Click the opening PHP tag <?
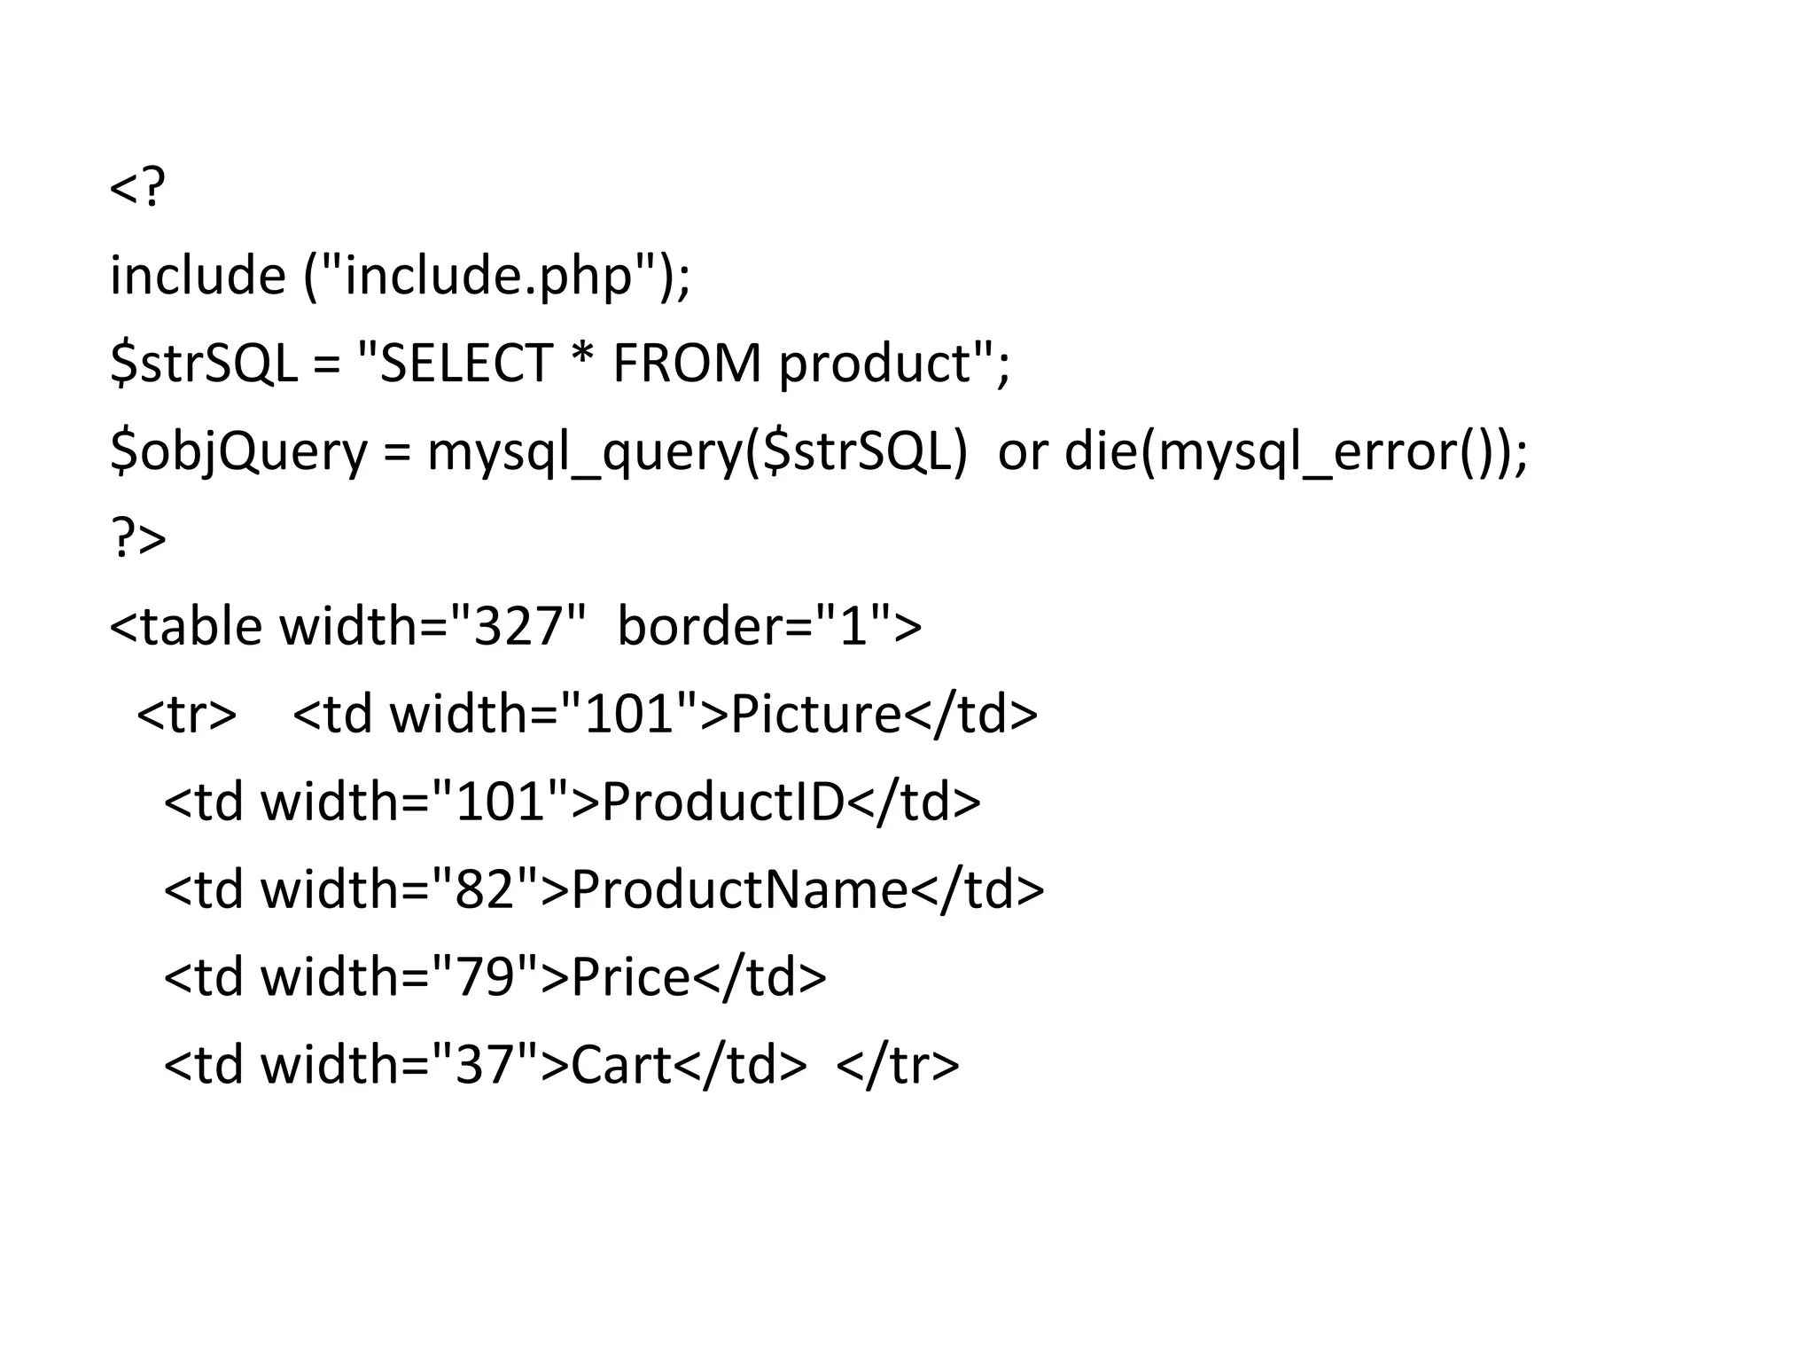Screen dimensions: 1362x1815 click(137, 188)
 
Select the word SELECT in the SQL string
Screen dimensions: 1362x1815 click(466, 364)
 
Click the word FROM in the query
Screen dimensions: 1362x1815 click(687, 364)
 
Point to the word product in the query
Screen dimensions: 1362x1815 click(875, 365)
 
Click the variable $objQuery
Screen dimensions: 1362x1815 click(238, 452)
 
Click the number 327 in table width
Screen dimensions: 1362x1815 click(518, 626)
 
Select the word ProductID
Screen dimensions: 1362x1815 click(722, 802)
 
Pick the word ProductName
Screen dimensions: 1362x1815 click(740, 889)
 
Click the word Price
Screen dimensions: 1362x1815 click(630, 977)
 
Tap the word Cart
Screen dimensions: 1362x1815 click(621, 1065)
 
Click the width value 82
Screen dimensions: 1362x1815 click(485, 889)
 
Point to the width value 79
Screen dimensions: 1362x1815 click(485, 977)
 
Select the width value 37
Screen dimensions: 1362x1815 click(485, 1065)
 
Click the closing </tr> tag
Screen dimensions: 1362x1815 click(897, 1065)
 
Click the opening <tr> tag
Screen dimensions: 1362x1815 click(187, 714)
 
